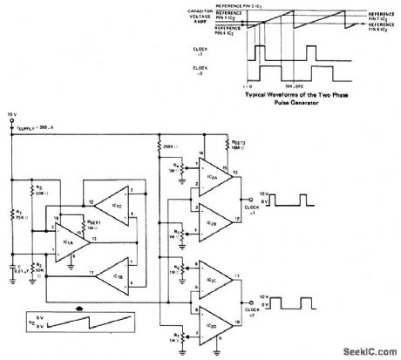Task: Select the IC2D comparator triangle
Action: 209,323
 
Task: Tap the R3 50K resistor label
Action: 38,189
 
